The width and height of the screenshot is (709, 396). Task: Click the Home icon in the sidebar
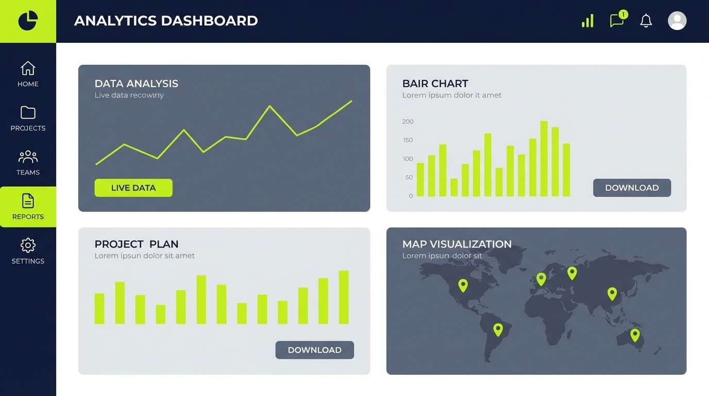coord(28,68)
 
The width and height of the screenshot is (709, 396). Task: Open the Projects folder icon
coord(28,112)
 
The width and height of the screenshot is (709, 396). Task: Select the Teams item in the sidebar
coord(28,163)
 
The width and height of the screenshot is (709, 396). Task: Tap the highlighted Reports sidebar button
coord(28,207)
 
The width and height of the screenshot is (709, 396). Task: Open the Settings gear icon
coord(28,245)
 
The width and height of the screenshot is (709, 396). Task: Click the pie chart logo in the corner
coord(28,21)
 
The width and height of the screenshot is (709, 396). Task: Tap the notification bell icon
coord(646,21)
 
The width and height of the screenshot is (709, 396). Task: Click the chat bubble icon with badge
coord(617,20)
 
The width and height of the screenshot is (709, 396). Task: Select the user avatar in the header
coord(677,21)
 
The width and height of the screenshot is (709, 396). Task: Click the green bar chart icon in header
coord(587,21)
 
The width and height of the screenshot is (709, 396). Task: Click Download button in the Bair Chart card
coord(632,188)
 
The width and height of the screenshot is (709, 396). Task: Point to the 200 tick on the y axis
coord(408,122)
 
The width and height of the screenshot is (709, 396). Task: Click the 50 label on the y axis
coord(409,177)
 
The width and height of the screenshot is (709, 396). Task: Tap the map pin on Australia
coord(635,335)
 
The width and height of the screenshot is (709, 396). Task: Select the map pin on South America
coord(498,329)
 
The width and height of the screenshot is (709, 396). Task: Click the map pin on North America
coord(463,285)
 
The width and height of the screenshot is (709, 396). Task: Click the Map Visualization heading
coord(457,244)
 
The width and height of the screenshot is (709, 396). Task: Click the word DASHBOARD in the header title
coord(209,21)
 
